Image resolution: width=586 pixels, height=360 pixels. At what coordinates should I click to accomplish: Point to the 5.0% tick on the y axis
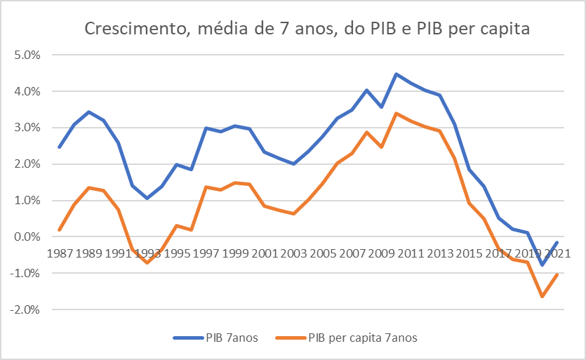point(29,55)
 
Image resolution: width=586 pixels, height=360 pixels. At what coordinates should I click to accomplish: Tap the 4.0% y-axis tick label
point(29,91)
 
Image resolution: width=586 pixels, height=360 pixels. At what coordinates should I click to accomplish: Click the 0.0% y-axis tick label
point(29,237)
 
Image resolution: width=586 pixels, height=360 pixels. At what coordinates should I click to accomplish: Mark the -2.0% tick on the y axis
point(27,309)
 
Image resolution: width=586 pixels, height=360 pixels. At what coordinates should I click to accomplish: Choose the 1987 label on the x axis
point(60,253)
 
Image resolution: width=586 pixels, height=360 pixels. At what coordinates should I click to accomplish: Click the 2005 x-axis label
point(321,253)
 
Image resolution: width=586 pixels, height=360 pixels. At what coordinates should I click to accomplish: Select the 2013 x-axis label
point(438,253)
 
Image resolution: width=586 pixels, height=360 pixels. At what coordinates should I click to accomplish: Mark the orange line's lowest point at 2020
point(542,296)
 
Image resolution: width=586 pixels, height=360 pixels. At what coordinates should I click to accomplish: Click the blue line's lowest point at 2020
point(542,265)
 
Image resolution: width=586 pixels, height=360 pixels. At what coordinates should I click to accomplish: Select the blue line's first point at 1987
point(60,147)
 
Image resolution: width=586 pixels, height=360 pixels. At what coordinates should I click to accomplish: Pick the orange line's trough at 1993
point(147,262)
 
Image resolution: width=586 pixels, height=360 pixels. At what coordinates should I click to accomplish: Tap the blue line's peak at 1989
point(88,112)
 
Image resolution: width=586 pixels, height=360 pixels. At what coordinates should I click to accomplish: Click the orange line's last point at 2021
point(557,274)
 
